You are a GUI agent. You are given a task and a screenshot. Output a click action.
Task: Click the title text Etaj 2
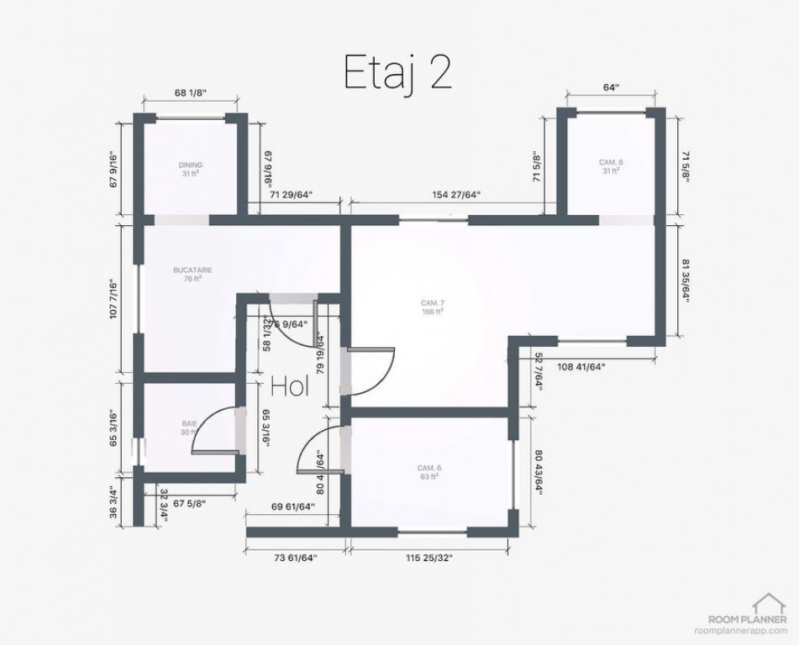398,73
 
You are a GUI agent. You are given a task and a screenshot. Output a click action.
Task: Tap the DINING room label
191,169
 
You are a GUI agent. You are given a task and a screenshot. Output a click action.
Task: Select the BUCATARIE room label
192,274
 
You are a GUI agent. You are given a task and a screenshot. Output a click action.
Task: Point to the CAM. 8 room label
611,165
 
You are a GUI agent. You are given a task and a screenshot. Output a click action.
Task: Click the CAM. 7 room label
433,307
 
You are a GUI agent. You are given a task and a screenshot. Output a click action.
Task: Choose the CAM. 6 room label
429,471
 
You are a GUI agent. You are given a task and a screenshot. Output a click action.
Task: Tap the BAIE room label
189,427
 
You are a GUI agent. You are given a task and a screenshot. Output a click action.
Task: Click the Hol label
290,386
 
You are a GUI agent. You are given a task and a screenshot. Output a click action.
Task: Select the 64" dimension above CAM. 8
611,87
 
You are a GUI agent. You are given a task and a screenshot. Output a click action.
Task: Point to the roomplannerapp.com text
741,630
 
